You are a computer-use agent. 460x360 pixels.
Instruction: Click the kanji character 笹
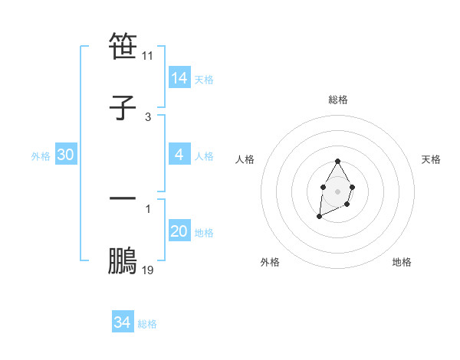click(x=123, y=47)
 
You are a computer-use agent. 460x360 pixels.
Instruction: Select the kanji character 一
click(x=123, y=199)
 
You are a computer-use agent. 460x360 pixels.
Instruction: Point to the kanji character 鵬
click(x=123, y=260)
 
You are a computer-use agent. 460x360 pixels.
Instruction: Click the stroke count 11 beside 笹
click(x=148, y=56)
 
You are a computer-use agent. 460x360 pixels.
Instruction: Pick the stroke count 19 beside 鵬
click(x=148, y=270)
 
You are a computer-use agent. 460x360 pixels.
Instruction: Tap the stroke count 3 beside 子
click(x=148, y=117)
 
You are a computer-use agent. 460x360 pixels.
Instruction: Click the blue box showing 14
click(x=179, y=78)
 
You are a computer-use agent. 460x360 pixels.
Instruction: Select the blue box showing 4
click(x=179, y=155)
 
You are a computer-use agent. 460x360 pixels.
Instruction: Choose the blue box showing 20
click(x=179, y=231)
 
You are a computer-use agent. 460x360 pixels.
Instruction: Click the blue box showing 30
click(x=65, y=155)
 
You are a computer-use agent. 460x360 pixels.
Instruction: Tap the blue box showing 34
click(x=122, y=322)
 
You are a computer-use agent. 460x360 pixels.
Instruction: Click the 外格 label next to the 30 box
click(x=41, y=156)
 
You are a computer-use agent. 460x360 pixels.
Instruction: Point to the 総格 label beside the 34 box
click(x=147, y=324)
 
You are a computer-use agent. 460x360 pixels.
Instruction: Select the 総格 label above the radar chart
click(x=338, y=100)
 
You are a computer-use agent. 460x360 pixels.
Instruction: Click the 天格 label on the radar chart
click(x=431, y=159)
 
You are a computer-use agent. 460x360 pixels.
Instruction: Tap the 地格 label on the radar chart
click(x=402, y=262)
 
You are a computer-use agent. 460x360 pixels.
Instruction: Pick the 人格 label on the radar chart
click(x=245, y=159)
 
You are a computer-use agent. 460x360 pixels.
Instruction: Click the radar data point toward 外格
click(x=319, y=217)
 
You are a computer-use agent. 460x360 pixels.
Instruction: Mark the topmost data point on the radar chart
click(x=337, y=161)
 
